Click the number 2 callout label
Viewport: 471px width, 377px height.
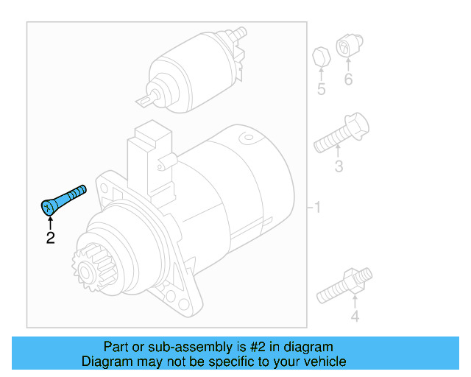pos(50,238)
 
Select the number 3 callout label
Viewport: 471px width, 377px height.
pos(338,167)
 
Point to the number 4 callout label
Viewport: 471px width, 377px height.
pos(354,317)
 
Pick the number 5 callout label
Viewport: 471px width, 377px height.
pos(321,90)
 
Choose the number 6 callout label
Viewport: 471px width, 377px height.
pos(348,80)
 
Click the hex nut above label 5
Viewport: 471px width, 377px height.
pos(321,56)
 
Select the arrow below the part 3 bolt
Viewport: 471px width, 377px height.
pos(339,153)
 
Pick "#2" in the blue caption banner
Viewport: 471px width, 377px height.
pos(259,347)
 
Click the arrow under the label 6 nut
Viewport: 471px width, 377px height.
pos(348,65)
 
